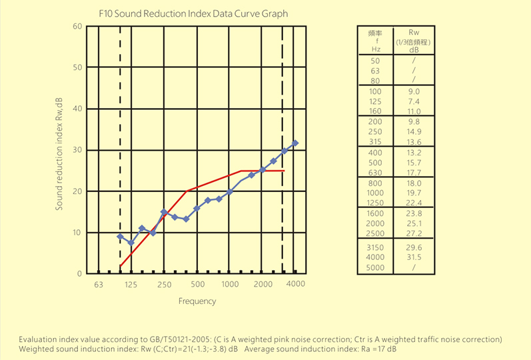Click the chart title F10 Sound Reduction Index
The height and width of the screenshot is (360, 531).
coord(193,13)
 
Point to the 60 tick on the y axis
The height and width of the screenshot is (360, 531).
coord(77,26)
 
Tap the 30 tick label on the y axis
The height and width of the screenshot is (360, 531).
coord(77,150)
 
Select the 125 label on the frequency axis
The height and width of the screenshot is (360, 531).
coord(130,285)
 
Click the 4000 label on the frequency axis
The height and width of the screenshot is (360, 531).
coord(296,285)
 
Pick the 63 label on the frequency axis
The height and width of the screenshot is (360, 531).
coord(98,285)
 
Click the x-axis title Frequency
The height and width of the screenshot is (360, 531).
coord(197,301)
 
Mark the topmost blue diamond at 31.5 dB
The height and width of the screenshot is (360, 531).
coord(295,143)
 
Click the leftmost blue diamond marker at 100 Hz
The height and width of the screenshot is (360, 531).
coord(120,237)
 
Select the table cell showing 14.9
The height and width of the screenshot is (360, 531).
coord(414,131)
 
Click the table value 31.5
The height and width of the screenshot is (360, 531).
coord(414,257)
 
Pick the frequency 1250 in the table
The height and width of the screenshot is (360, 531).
coord(376,203)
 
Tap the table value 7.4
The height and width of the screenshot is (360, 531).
coord(414,101)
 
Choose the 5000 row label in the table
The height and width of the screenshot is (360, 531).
coord(376,267)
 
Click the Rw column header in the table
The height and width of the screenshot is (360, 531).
coord(414,32)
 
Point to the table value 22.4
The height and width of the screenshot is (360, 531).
coord(414,203)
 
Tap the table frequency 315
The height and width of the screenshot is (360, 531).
coord(376,142)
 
